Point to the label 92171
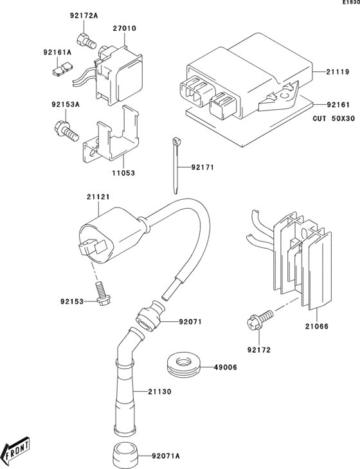coord(201,168)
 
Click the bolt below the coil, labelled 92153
coord(100,292)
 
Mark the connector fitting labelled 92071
coord(148,316)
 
